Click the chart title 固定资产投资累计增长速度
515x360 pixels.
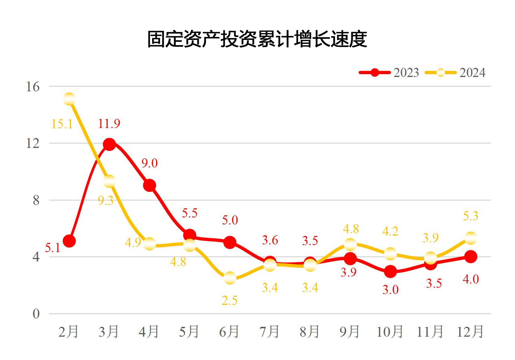(x=257, y=39)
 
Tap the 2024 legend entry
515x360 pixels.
(x=455, y=72)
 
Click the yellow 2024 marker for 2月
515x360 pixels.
(x=69, y=99)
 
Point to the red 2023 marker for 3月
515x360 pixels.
(x=109, y=144)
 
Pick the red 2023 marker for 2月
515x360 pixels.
(x=69, y=241)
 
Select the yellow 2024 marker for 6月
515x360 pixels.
(x=230, y=278)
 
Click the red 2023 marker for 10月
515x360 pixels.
(x=390, y=272)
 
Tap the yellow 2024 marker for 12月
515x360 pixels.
(x=471, y=238)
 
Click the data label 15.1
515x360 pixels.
(x=62, y=124)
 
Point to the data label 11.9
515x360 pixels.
(x=109, y=123)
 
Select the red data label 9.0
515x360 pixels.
(x=150, y=163)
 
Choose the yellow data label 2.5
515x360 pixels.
(x=229, y=301)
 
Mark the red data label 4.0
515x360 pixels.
(x=471, y=279)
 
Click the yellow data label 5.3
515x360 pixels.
(x=470, y=216)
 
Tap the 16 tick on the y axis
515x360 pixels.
(x=33, y=87)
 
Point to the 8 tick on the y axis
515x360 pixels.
(x=36, y=200)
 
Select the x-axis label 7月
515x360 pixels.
(x=270, y=331)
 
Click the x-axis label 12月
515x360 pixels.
(x=470, y=331)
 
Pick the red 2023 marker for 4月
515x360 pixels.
(x=150, y=185)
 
